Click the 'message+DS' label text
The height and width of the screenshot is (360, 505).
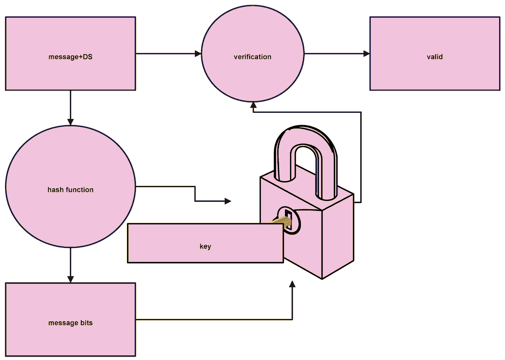click(70, 57)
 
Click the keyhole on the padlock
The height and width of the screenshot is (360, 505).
click(289, 219)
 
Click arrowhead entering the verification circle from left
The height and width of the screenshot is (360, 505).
click(198, 54)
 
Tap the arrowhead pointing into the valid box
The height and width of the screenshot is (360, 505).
click(367, 54)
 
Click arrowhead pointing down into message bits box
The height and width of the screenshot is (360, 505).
click(70, 279)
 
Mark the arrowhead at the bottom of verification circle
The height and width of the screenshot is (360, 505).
click(253, 105)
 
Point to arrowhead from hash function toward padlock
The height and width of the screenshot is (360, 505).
click(228, 201)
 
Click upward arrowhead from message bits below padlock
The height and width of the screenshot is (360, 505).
click(292, 284)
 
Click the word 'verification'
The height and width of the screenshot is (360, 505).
click(252, 57)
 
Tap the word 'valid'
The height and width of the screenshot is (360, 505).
click(435, 57)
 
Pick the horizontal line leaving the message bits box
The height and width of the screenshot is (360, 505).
click(210, 320)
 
